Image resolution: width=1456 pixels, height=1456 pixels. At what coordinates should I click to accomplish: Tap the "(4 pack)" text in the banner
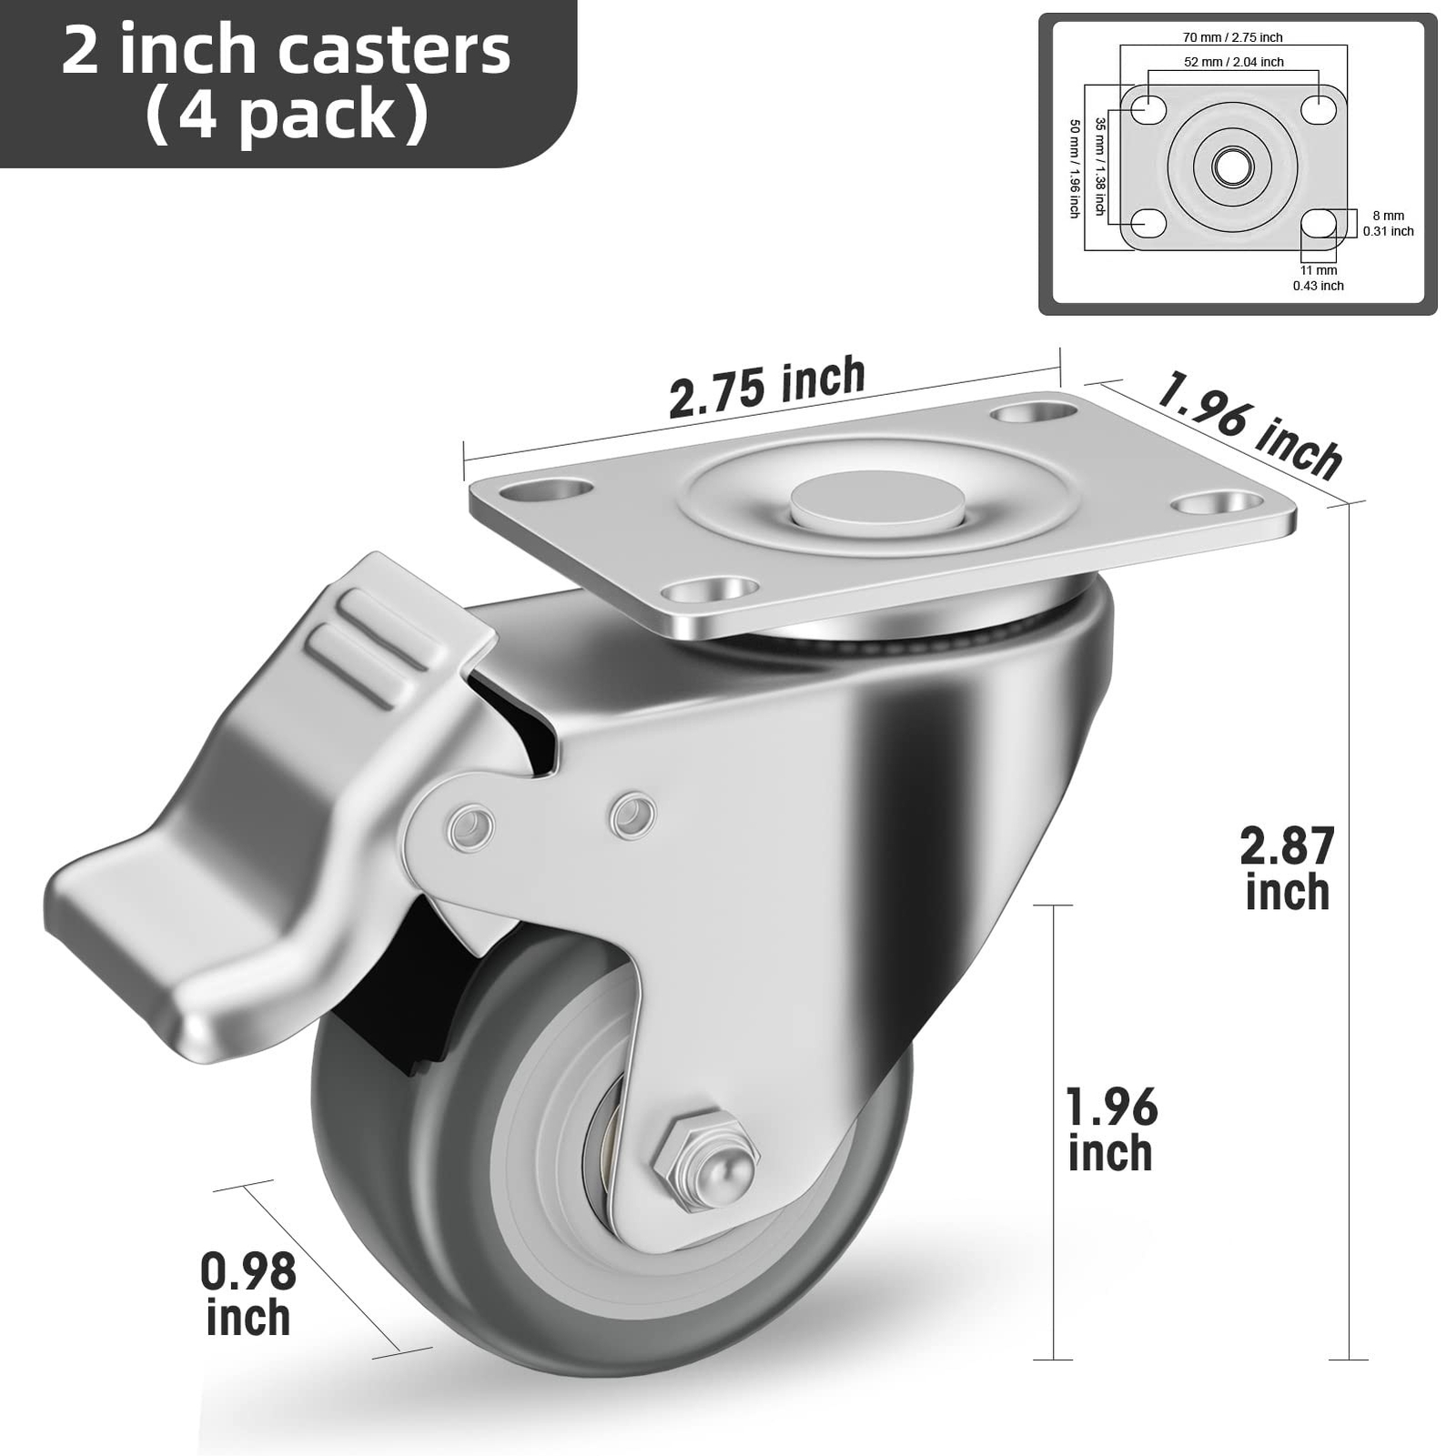click(x=286, y=116)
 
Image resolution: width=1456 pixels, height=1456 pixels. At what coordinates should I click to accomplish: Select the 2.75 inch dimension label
click(x=766, y=387)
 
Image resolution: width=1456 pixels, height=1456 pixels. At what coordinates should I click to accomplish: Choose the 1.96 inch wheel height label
click(x=1111, y=1129)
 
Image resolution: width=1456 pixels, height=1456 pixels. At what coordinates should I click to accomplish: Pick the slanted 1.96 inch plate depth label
click(x=1249, y=424)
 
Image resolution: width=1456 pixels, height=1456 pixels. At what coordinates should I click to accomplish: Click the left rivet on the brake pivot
click(x=471, y=826)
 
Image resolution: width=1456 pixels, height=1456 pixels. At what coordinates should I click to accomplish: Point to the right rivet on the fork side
click(x=632, y=814)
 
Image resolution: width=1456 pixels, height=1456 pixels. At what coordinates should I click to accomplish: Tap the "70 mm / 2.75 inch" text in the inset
click(x=1233, y=37)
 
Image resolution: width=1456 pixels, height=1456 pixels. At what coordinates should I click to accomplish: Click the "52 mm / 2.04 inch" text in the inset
click(x=1234, y=62)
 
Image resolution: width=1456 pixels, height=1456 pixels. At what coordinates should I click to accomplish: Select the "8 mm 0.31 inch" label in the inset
click(x=1388, y=223)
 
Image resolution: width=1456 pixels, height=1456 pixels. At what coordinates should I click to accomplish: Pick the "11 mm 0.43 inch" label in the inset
click(x=1319, y=278)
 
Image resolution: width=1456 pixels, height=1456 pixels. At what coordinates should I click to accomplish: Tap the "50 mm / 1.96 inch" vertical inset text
click(x=1074, y=168)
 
